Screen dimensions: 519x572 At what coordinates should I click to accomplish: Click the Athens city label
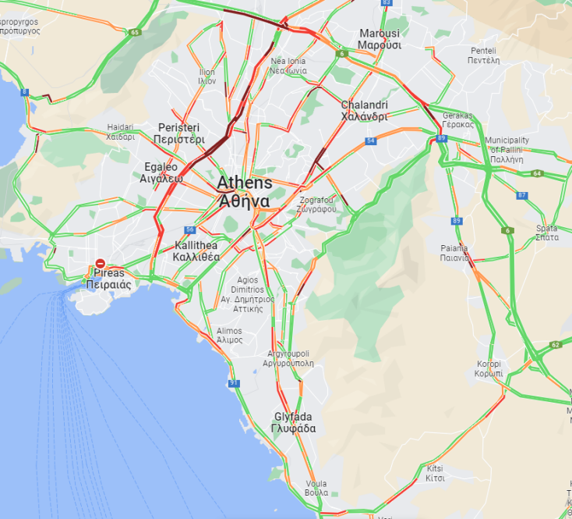244,191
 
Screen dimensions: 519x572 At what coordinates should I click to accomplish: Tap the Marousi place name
380,39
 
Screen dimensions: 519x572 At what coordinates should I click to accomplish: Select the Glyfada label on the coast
293,422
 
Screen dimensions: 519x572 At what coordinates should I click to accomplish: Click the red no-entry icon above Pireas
101,265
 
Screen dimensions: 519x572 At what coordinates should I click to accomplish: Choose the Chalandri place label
364,111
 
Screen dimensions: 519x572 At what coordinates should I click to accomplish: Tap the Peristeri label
178,133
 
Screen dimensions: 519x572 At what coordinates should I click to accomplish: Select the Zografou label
317,204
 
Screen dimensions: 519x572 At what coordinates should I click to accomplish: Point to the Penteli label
483,55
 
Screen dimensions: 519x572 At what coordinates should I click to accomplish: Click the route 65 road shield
135,32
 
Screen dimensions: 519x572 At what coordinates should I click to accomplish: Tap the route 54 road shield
371,141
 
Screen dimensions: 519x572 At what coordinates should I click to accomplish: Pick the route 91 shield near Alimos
234,383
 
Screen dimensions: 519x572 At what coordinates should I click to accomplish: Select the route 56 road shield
190,229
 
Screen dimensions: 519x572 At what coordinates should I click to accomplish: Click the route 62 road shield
555,344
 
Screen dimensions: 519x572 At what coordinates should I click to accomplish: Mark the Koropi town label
489,369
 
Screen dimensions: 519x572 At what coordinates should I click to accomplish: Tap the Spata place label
546,232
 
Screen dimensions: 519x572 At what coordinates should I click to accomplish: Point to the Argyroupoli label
288,358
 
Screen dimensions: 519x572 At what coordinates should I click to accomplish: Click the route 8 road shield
25,92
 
